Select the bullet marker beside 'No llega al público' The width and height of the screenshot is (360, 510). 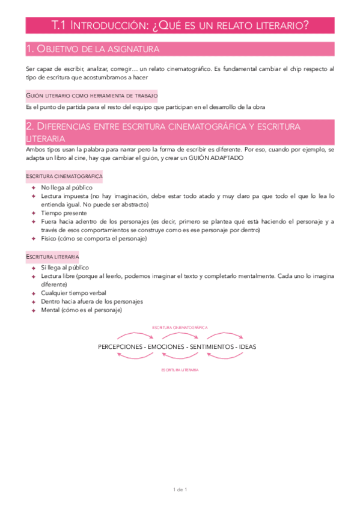pos(34,188)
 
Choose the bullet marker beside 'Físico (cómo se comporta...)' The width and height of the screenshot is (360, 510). pos(34,238)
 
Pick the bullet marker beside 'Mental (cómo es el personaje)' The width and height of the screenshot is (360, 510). pos(34,310)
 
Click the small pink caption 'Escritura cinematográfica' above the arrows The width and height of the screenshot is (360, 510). pos(180,327)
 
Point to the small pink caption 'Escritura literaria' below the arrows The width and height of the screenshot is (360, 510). pos(180,370)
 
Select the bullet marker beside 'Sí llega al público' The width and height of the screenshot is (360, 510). pos(34,267)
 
